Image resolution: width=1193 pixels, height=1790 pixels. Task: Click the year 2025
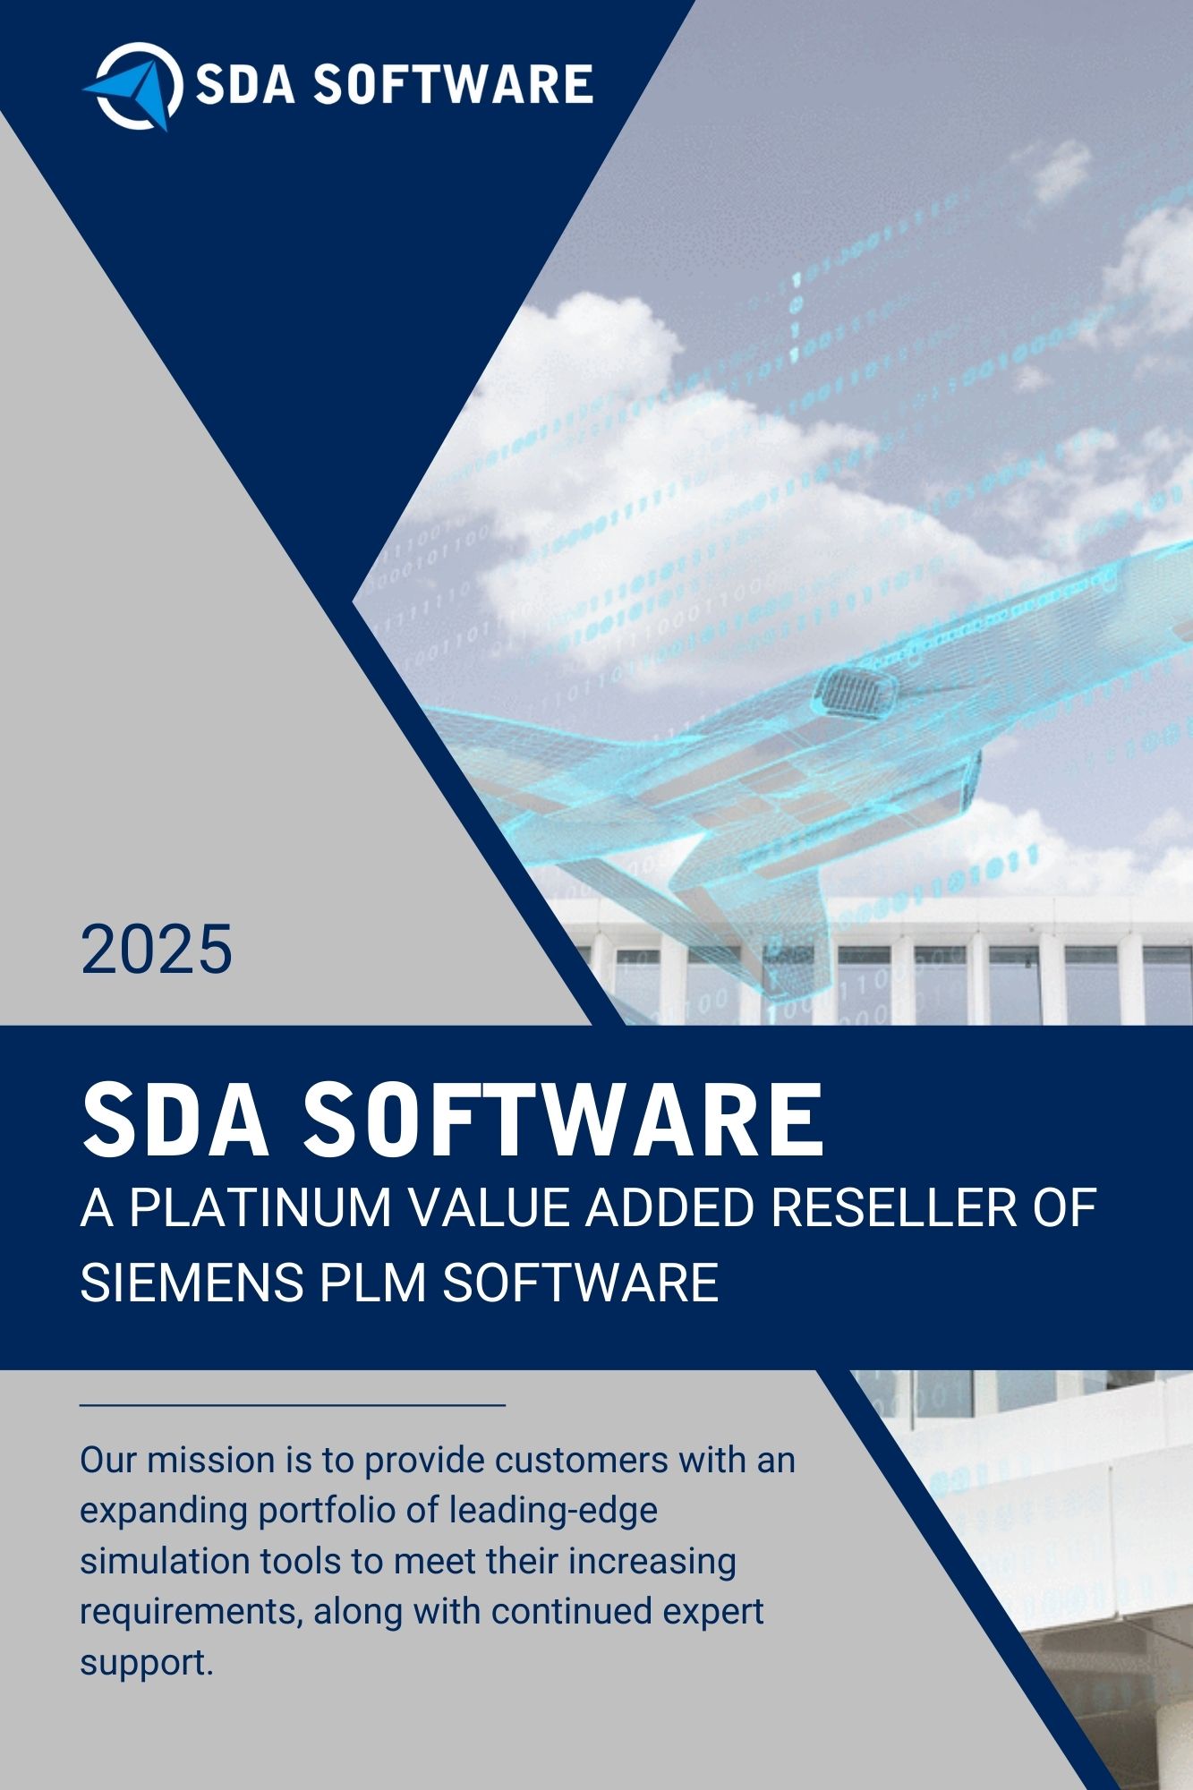157,950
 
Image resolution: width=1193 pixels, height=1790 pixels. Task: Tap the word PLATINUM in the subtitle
260,1207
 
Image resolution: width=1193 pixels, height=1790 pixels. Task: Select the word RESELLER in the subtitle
893,1207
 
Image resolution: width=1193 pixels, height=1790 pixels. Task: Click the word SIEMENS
192,1282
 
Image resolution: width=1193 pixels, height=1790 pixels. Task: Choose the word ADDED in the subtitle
671,1207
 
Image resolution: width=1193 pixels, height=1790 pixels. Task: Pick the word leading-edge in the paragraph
553,1511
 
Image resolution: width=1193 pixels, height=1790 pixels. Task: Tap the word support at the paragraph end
143,1663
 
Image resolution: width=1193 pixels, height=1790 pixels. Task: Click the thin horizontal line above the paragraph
293,1405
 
